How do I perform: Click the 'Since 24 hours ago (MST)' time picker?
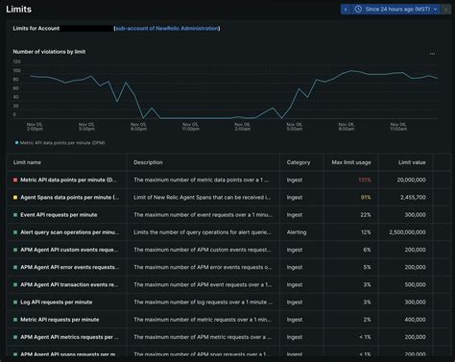pos(394,9)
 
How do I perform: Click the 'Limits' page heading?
pos(24,10)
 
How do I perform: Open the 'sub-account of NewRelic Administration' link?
pos(166,29)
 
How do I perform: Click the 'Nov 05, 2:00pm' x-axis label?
pos(34,124)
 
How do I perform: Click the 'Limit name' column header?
pos(27,162)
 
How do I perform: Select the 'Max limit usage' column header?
pos(350,162)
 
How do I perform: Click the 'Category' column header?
pos(299,162)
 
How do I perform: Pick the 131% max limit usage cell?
pos(364,180)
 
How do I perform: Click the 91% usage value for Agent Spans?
pos(365,197)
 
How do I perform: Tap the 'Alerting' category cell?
pos(299,231)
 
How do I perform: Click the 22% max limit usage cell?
pos(365,214)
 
